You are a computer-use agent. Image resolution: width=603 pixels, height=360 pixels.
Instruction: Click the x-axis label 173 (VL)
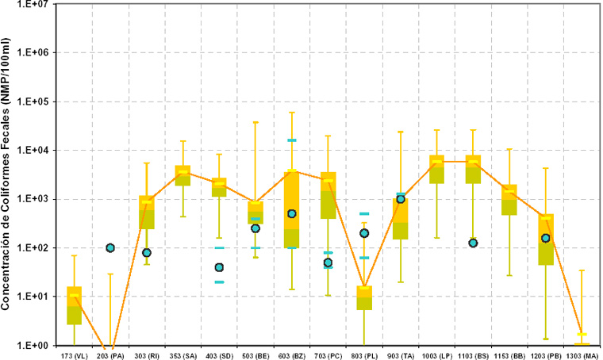(x=74, y=354)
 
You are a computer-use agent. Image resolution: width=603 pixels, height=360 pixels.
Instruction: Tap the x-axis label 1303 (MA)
(x=582, y=354)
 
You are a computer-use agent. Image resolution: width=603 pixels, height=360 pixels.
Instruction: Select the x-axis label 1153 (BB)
(x=509, y=354)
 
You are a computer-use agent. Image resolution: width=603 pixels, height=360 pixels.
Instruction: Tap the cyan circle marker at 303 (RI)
(x=147, y=253)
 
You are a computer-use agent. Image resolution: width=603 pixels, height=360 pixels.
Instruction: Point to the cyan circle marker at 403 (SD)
(x=219, y=267)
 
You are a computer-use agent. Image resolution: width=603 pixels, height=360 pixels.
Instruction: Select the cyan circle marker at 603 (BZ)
(x=292, y=214)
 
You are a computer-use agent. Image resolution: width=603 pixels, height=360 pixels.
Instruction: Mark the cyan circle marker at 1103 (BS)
(x=473, y=243)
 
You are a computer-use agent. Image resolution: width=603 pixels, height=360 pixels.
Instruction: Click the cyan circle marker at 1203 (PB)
(x=546, y=238)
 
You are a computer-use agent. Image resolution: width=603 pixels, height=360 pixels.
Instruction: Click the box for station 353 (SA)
(x=183, y=175)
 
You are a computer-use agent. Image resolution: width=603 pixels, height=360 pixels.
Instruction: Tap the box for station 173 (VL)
(x=74, y=305)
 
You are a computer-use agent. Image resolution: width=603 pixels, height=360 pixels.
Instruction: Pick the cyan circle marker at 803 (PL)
(x=364, y=233)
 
